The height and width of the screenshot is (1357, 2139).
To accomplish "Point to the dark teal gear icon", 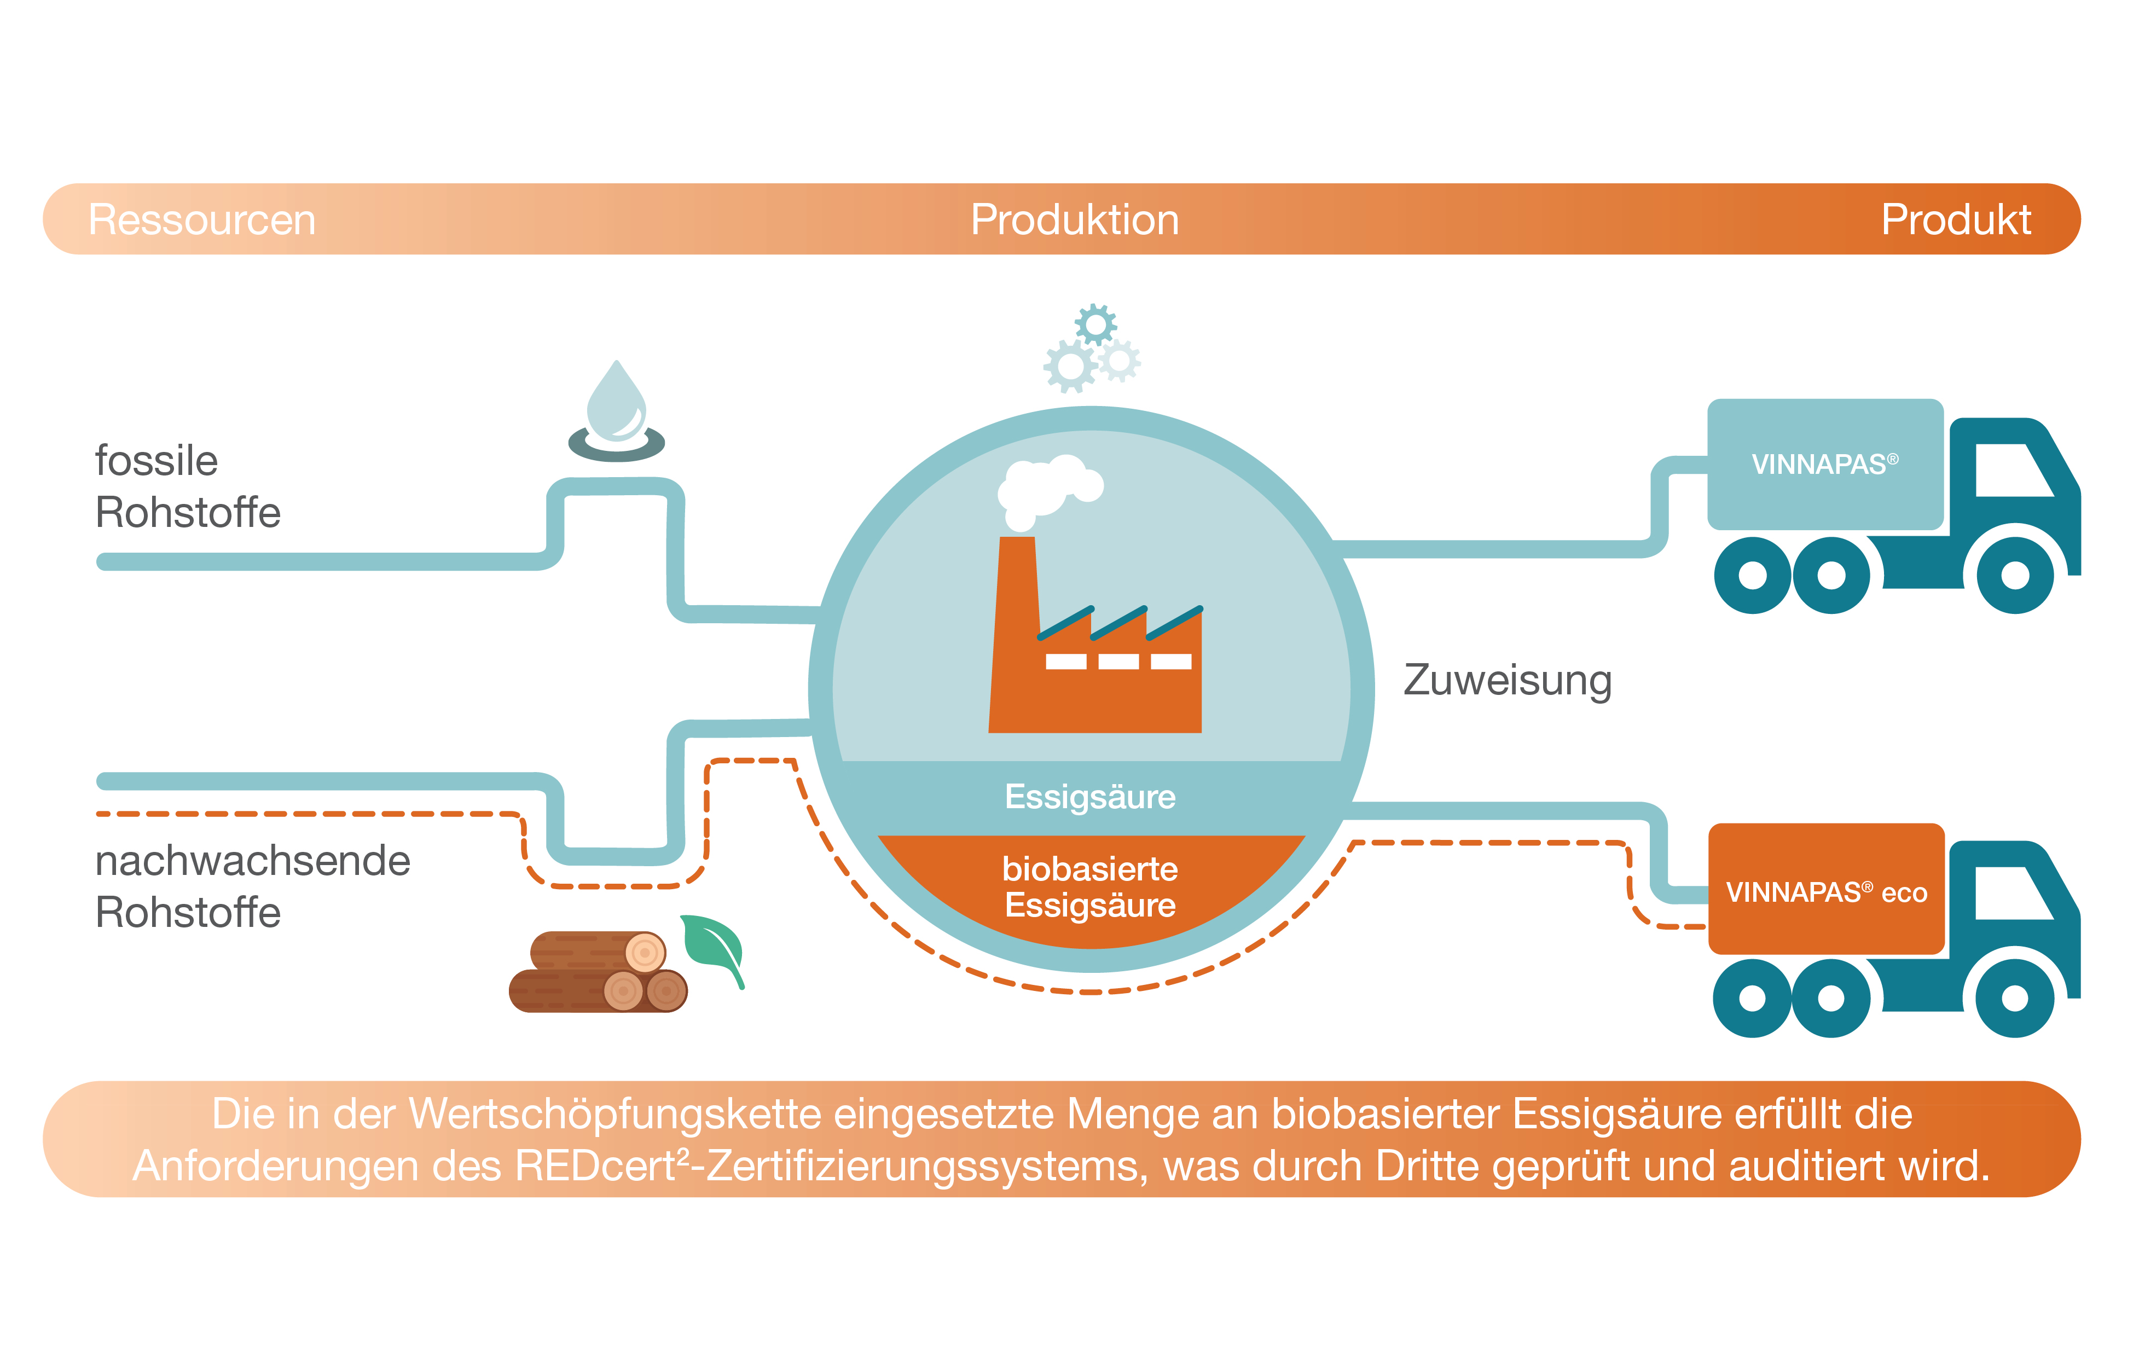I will pos(1095,325).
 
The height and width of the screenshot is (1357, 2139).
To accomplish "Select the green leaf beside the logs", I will pos(714,946).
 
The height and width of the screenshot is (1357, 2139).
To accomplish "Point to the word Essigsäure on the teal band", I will pos(1090,797).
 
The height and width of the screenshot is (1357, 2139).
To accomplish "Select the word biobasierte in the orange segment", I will pos(1090,868).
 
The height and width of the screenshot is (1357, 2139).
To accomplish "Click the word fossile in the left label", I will pos(156,461).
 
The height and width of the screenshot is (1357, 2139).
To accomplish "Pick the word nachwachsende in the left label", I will pos(252,861).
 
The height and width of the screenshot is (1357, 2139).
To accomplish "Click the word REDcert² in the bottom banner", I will pos(601,1165).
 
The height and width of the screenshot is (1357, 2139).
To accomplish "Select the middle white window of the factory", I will pos(1118,661).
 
